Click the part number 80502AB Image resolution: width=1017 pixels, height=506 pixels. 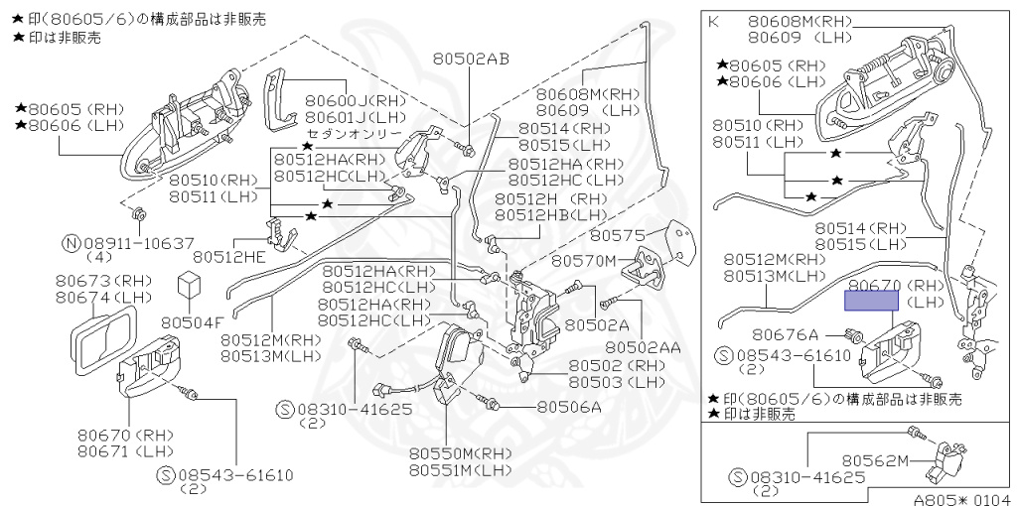470,59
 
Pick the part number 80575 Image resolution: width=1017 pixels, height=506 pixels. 619,236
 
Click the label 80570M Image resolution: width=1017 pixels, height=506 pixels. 583,261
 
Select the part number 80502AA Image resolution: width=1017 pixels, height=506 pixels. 643,347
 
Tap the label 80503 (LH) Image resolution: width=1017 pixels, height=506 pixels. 617,382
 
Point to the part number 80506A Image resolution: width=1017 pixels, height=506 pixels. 569,406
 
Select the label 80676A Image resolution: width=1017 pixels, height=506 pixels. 785,334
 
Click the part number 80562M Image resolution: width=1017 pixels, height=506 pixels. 876,459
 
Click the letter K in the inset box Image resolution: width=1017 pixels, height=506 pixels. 713,21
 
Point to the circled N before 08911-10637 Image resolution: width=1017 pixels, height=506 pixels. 71,243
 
